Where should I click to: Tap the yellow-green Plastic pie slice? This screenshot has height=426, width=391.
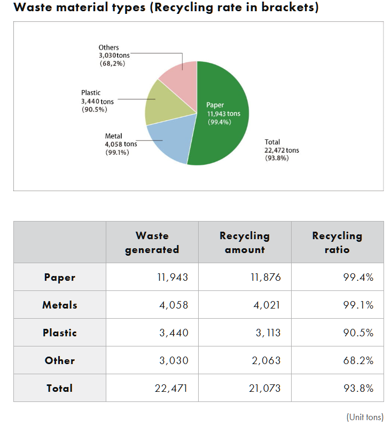click(x=163, y=104)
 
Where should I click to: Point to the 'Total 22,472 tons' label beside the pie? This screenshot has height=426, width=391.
click(x=281, y=150)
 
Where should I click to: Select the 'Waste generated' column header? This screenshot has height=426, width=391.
click(x=152, y=242)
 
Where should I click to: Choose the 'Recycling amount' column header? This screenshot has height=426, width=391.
click(x=245, y=242)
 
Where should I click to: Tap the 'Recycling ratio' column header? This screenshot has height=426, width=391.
click(x=337, y=242)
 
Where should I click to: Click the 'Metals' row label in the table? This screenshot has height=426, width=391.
click(x=60, y=305)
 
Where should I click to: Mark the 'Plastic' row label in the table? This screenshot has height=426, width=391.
click(x=60, y=333)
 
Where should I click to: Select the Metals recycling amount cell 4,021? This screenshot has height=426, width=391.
click(x=265, y=305)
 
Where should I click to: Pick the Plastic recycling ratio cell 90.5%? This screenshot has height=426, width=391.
click(x=358, y=333)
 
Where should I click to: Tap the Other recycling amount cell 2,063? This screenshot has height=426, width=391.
click(x=265, y=360)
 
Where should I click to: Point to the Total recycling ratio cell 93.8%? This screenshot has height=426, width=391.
click(x=358, y=388)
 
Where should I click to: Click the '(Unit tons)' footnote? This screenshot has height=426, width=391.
click(x=364, y=416)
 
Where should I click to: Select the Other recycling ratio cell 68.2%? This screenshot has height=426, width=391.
click(x=358, y=360)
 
